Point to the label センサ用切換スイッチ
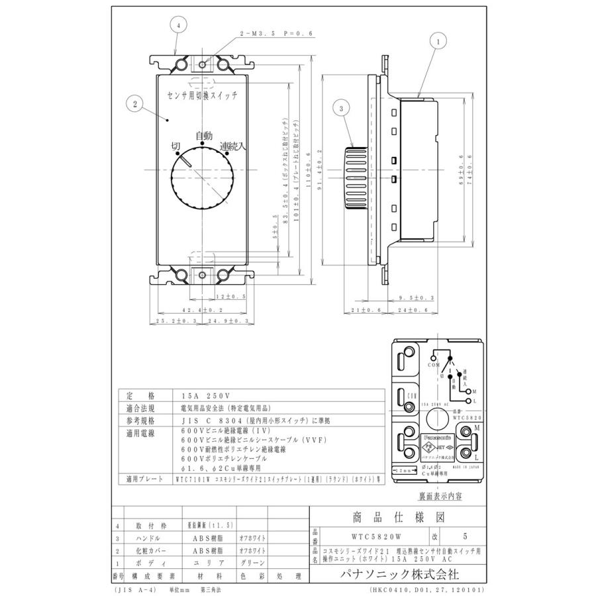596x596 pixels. click(205, 96)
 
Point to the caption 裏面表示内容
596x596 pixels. click(440, 495)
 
